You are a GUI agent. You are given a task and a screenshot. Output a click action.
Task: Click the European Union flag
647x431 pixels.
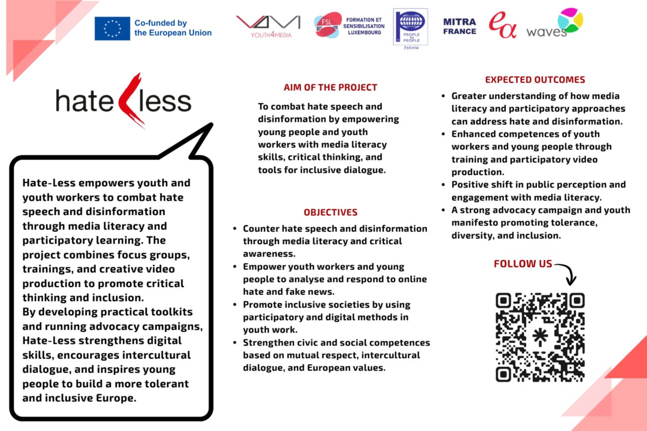coord(112,28)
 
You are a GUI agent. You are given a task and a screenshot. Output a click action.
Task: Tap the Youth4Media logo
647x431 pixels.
coord(268,26)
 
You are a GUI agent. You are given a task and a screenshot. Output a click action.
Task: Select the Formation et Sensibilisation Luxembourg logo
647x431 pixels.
coord(349,25)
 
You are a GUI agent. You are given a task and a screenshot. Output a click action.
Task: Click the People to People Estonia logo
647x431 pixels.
coord(410,27)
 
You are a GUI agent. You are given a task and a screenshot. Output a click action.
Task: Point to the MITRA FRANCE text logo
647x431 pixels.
coord(459,26)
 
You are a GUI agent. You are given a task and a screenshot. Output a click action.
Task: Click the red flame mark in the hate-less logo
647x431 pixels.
coord(132,99)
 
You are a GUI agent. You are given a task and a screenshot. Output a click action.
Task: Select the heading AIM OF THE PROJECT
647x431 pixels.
coord(330,87)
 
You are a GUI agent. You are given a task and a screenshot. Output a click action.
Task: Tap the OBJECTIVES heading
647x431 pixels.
coord(330,212)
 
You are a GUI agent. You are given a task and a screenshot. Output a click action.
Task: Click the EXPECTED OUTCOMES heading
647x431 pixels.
coord(535,80)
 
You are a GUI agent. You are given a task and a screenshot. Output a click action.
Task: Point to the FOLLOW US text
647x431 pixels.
coord(523,264)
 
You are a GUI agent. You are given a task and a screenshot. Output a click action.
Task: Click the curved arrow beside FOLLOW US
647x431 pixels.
coord(567,272)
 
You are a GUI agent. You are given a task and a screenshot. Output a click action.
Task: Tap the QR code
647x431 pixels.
coord(539,337)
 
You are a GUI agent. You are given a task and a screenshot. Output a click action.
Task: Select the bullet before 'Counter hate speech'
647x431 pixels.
coord(235,229)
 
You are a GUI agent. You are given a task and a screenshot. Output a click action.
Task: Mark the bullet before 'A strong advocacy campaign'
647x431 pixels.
coord(443,210)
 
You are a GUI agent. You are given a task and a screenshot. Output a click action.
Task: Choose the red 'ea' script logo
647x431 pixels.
coord(502,26)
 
